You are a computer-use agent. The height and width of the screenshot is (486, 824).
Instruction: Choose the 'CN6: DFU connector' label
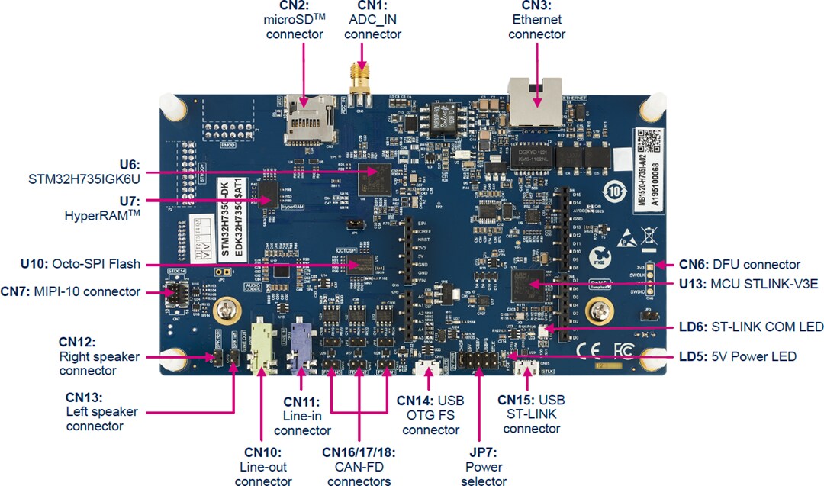(x=739, y=265)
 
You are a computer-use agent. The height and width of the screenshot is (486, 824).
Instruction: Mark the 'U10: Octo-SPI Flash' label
(x=81, y=264)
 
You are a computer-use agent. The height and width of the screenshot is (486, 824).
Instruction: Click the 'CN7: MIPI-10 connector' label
(x=71, y=291)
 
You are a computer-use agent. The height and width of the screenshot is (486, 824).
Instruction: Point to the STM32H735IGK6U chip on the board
(x=372, y=175)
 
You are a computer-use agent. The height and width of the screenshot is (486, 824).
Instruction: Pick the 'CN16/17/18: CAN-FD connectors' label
(x=359, y=466)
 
